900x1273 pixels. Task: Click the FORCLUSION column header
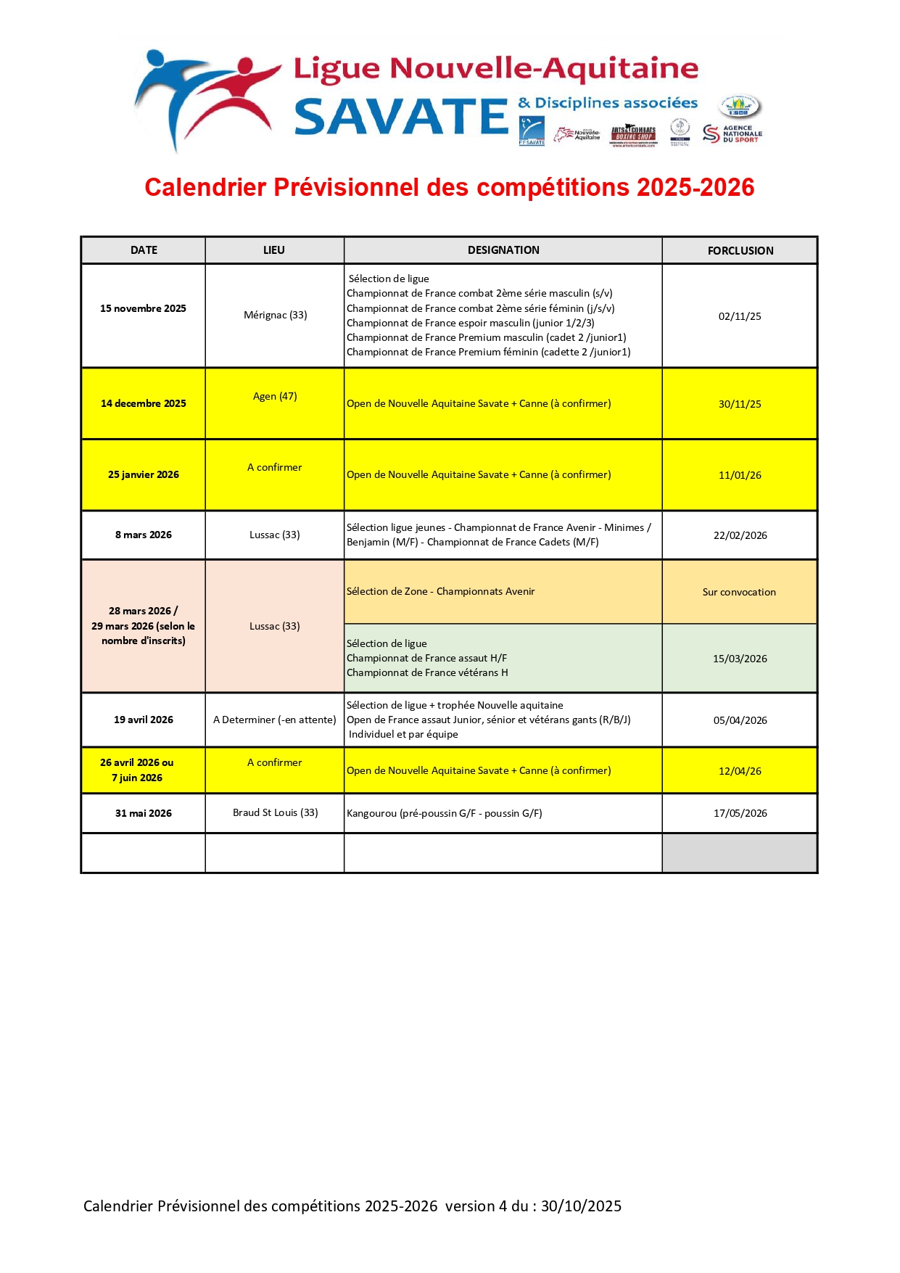pyautogui.click(x=740, y=250)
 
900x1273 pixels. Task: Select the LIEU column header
pyautogui.click(x=274, y=250)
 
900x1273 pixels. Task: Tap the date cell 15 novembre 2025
pyautogui.click(x=143, y=308)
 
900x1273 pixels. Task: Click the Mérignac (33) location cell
pyautogui.click(x=275, y=315)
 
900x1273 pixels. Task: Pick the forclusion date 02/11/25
pyautogui.click(x=740, y=316)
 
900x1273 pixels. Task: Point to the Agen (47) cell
pyautogui.click(x=275, y=396)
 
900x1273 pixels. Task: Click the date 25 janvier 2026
pyautogui.click(x=143, y=474)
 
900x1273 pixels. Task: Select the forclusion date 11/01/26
pyautogui.click(x=740, y=475)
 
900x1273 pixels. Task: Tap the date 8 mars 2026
pyautogui.click(x=143, y=535)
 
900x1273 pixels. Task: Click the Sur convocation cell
pyautogui.click(x=739, y=592)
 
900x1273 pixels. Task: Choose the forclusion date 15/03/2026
pyautogui.click(x=740, y=659)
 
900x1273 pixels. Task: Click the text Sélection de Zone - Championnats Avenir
pyautogui.click(x=440, y=591)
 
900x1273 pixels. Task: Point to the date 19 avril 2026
pyautogui.click(x=143, y=720)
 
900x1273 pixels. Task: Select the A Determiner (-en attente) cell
pyautogui.click(x=275, y=720)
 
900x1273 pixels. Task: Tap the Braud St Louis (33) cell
pyautogui.click(x=275, y=812)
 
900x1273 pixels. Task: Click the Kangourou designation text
pyautogui.click(x=444, y=813)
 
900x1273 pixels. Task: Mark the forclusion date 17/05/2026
pyautogui.click(x=740, y=813)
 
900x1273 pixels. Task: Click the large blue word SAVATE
pyautogui.click(x=401, y=118)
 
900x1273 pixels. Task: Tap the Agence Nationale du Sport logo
pyautogui.click(x=732, y=134)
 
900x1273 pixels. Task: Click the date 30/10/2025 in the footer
pyautogui.click(x=581, y=1206)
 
